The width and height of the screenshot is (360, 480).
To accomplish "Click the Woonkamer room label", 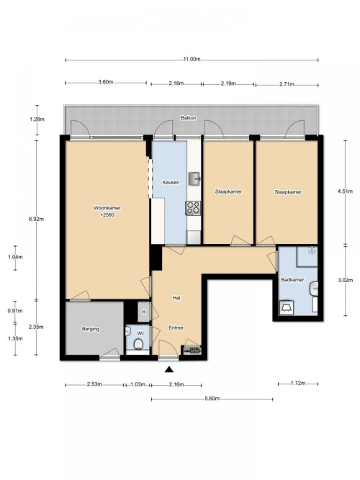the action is point(107,208).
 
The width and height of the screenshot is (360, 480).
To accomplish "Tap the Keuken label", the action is point(171,183).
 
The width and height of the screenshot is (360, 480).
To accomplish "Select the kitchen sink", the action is point(194,178).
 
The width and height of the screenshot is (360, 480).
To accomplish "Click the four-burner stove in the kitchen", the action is point(193,208).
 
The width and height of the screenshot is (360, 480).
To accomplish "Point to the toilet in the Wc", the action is point(138,344).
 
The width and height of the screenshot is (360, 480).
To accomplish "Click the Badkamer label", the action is point(292,280).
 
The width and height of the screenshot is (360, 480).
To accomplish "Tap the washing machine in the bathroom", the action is point(287,308).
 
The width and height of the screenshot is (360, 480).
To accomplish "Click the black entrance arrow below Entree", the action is point(169,369).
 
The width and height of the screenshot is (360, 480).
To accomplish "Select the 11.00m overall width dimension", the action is point(192,60).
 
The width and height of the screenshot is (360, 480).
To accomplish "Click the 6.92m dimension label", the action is point(36,219).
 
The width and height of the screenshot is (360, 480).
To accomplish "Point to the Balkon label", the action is point(189,118).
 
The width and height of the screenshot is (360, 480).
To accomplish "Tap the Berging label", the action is point(91,329).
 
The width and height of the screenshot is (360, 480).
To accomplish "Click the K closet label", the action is point(144,312).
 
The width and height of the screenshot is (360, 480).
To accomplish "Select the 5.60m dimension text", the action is point(212,399).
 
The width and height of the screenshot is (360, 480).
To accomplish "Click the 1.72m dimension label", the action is point(298,383).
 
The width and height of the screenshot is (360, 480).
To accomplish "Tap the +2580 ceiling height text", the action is point(107,214).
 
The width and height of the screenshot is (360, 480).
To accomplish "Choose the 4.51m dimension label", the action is point(345,191).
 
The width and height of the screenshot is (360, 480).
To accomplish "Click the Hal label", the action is point(176,297).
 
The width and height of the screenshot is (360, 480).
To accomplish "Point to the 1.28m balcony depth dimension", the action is point(37,119).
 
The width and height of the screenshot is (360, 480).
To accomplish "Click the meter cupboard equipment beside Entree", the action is point(192,350).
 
